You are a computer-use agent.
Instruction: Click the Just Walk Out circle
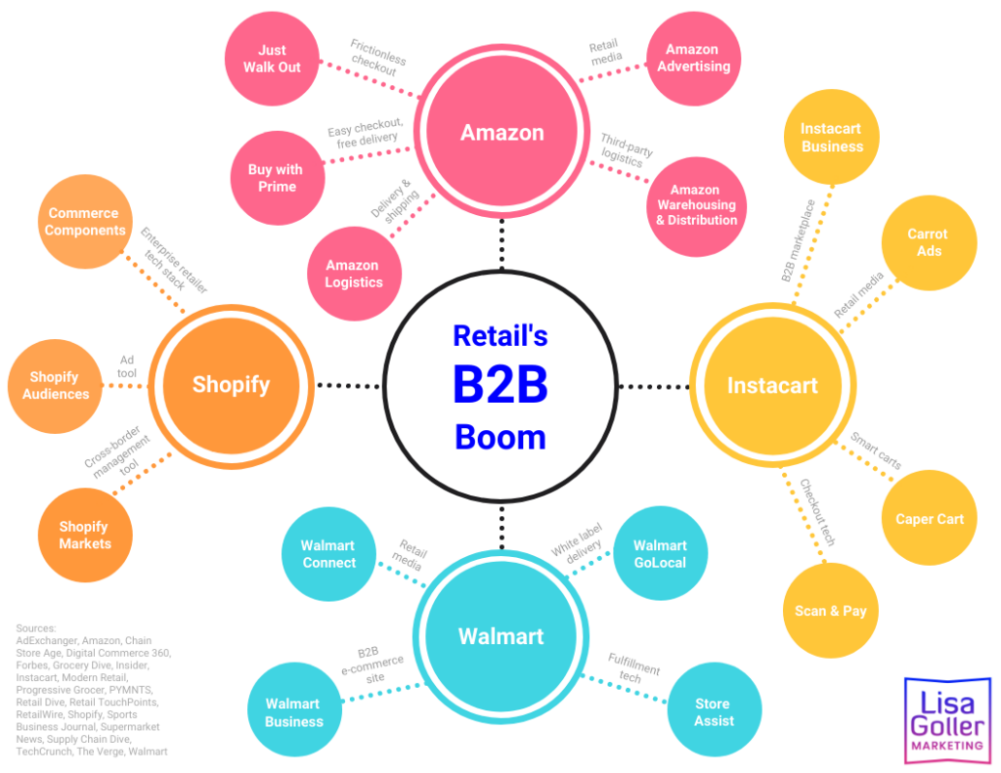(x=273, y=59)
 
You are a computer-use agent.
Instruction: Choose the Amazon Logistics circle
(x=354, y=274)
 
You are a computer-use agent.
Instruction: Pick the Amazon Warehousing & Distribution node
(x=696, y=205)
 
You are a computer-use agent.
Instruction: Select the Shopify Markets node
(x=85, y=535)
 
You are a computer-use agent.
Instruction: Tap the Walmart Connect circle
(x=328, y=554)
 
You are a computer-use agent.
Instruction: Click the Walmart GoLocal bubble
(x=660, y=554)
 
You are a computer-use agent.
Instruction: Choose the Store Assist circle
(x=713, y=711)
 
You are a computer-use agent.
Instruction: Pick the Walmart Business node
(x=293, y=712)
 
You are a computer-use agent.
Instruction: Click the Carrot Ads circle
(x=927, y=242)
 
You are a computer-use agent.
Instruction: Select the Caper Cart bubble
(x=929, y=519)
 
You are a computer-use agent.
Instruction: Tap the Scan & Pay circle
(x=830, y=610)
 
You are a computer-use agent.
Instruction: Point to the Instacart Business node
(x=832, y=138)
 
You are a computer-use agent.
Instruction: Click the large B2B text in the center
(x=500, y=385)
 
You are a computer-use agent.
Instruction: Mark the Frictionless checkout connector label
(x=378, y=59)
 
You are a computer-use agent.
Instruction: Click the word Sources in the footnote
(x=36, y=628)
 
